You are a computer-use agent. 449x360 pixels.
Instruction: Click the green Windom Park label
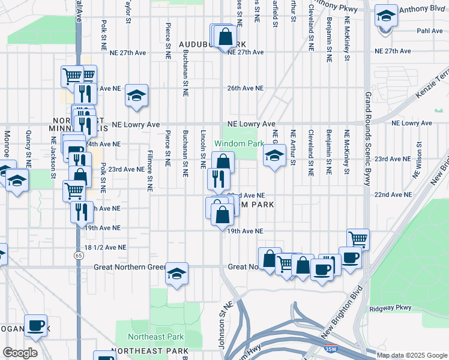tap(239, 144)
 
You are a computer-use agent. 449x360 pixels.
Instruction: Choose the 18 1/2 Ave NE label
tap(106, 247)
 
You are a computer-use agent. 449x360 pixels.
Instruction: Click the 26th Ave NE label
tap(245, 88)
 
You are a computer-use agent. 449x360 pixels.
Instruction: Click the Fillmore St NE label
tap(149, 170)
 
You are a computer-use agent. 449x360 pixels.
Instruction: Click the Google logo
tap(20, 353)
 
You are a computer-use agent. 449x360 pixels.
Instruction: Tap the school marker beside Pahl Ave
tap(386, 16)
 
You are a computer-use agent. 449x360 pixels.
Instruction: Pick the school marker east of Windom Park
tap(274, 155)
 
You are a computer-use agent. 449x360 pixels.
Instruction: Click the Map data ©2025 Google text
tap(412, 355)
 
